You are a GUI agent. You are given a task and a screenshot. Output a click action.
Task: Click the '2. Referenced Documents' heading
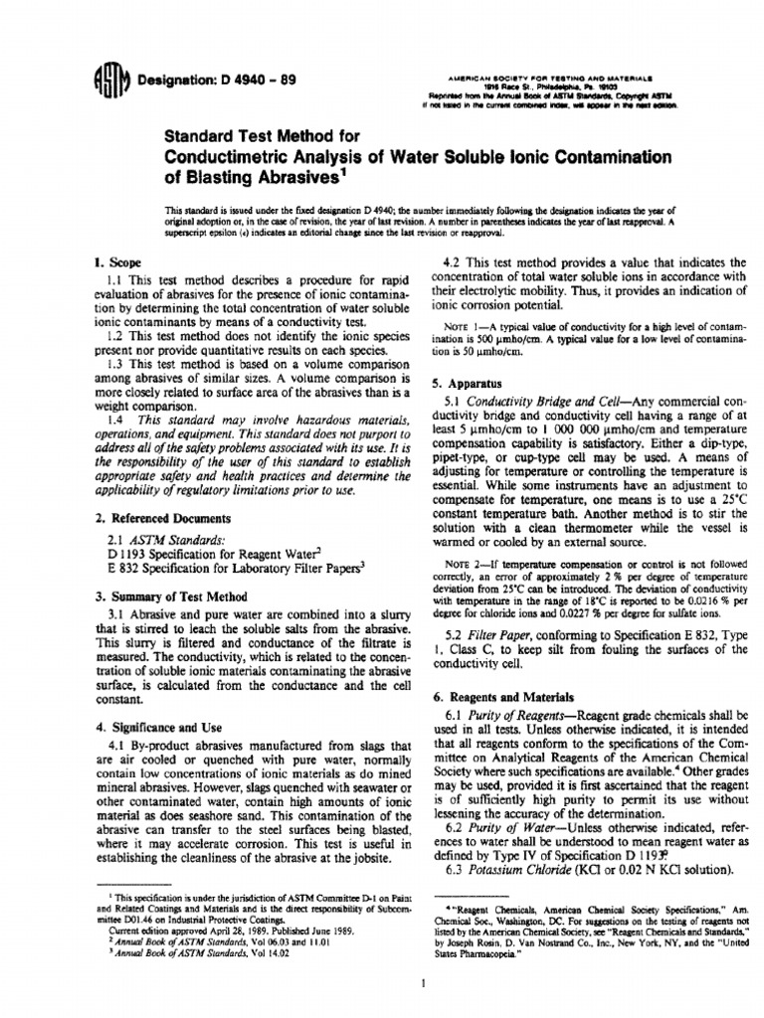coord(161,518)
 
